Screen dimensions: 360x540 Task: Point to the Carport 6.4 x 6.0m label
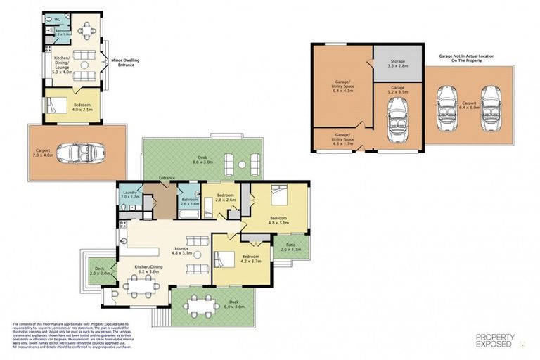pyautogui.click(x=469, y=105)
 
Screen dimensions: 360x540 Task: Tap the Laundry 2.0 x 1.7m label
pyautogui.click(x=129, y=195)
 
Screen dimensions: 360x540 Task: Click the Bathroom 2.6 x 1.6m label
pyautogui.click(x=189, y=201)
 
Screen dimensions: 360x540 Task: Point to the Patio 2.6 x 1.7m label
pyautogui.click(x=290, y=247)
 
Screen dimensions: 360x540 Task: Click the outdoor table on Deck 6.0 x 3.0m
pyautogui.click(x=202, y=307)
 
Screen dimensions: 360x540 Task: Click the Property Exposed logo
pyautogui.click(x=495, y=340)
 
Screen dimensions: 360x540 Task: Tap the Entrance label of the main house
pyautogui.click(x=167, y=178)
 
